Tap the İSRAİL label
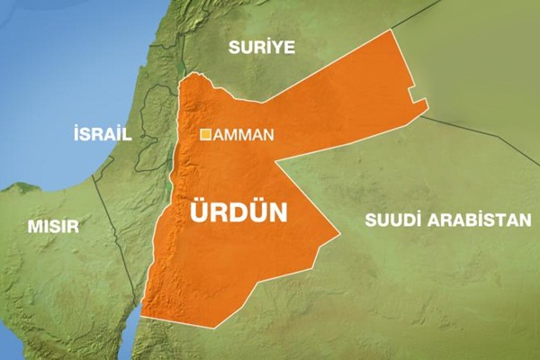[102, 134]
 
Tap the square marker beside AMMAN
[205, 135]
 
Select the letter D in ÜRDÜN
[240, 213]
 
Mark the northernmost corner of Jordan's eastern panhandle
[392, 30]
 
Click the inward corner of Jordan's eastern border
[275, 163]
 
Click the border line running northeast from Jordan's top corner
[423, 13]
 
